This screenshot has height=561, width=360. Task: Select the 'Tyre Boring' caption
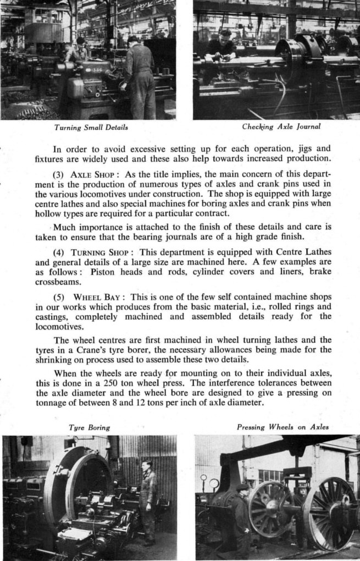(89, 427)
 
